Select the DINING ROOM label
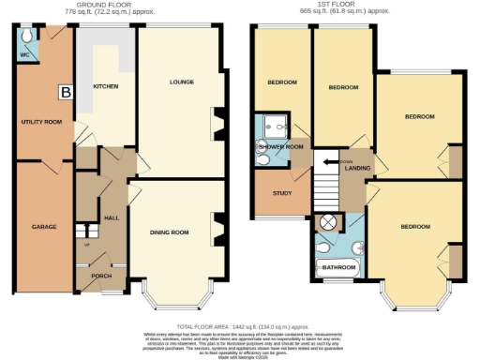pos(171,232)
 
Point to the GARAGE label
pos(44,227)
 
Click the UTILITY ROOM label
pos(40,122)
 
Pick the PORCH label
pos(100,277)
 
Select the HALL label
pos(112,217)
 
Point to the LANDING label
pos(355,168)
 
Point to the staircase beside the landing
pos(326,177)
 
